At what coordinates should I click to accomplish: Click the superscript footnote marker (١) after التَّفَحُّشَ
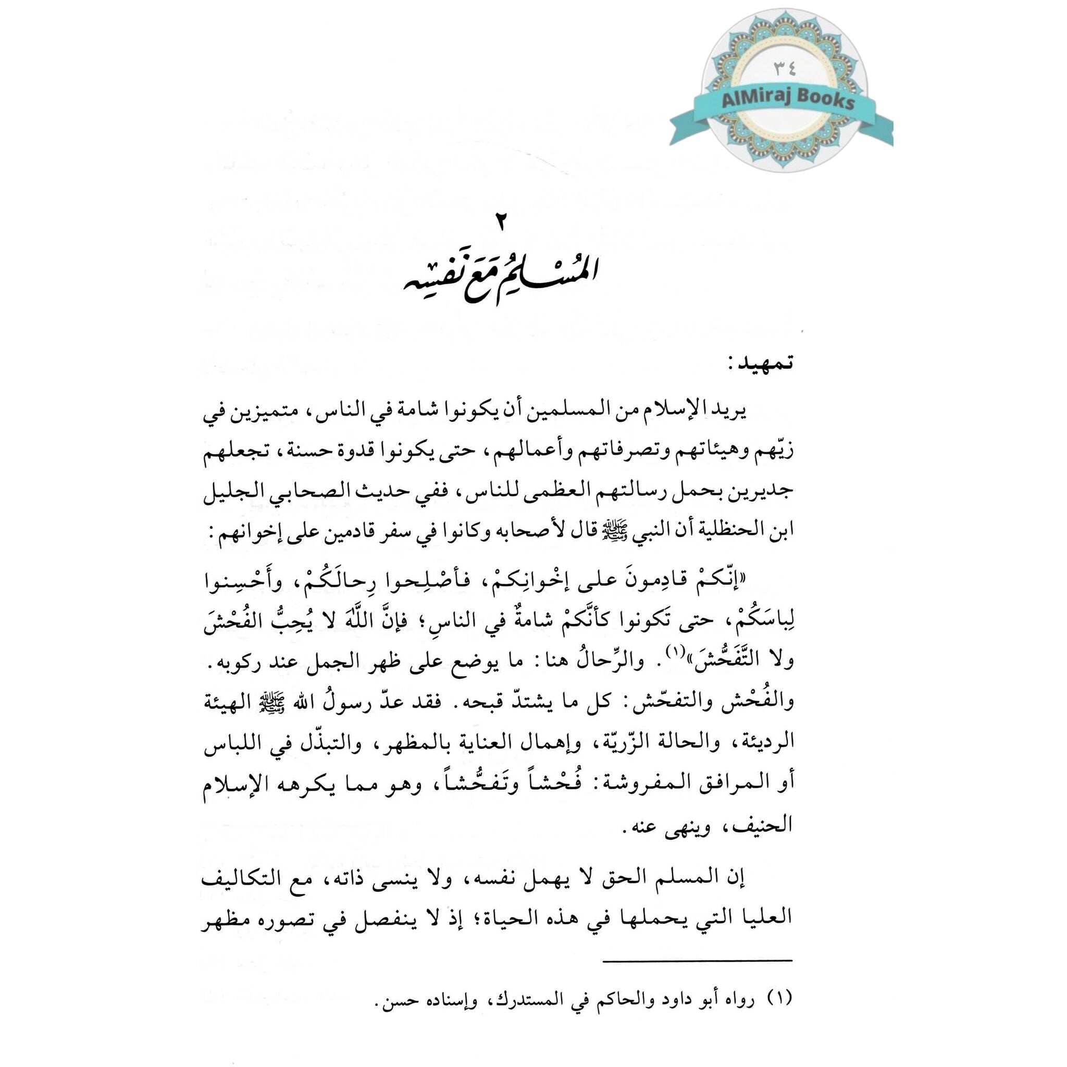pos(674,652)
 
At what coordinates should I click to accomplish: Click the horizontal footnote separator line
pos(698,960)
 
